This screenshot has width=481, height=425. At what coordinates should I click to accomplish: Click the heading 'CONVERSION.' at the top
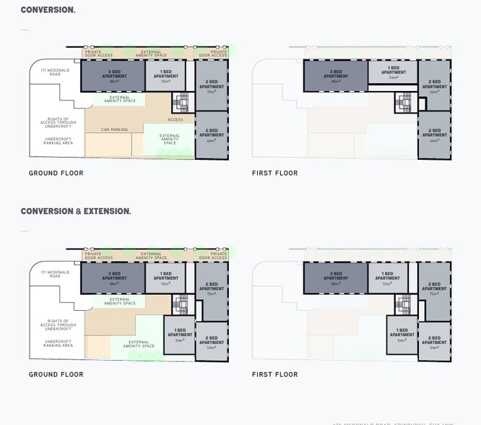(x=48, y=10)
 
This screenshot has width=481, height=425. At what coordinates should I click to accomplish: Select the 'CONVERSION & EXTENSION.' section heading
(x=76, y=211)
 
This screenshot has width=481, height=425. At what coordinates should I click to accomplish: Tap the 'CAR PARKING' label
(x=114, y=130)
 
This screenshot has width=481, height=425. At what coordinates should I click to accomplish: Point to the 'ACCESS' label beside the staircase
(x=175, y=119)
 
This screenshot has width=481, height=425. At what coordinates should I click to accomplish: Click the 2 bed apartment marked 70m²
(x=212, y=85)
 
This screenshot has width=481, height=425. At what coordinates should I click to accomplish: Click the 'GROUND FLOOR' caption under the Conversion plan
(x=56, y=173)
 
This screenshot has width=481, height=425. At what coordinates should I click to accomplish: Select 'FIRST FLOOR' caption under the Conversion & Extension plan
(x=274, y=374)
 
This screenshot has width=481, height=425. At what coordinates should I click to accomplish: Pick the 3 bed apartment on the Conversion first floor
(x=335, y=76)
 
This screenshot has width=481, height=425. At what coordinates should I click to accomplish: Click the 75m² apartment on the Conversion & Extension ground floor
(x=212, y=287)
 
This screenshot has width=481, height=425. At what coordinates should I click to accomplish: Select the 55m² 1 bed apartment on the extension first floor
(x=387, y=278)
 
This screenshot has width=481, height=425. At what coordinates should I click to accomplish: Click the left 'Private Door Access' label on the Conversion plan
(x=99, y=53)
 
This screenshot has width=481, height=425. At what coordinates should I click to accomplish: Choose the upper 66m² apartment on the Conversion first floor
(x=434, y=87)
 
